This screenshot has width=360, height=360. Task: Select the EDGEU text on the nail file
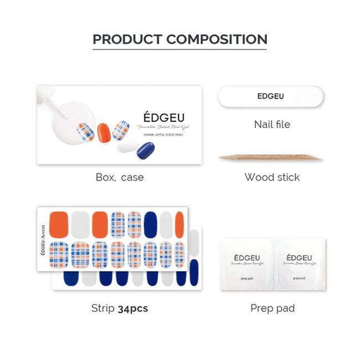coord(270,96)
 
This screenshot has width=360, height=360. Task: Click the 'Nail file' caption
coord(272,124)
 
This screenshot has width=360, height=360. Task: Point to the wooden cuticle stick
coord(270,158)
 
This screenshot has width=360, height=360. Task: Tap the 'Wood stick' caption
coord(272,177)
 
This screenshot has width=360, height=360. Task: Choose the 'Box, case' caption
coord(119,177)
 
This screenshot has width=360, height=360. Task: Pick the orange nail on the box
coord(104,133)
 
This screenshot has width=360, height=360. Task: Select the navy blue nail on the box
coord(145,150)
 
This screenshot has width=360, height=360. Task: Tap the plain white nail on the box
coord(128,146)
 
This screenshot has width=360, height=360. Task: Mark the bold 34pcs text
coord(133,308)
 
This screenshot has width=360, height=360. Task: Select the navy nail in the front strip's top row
coord(150,224)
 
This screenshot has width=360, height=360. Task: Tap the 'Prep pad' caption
coord(272,308)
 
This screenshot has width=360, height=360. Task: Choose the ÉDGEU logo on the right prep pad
coord(300,258)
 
